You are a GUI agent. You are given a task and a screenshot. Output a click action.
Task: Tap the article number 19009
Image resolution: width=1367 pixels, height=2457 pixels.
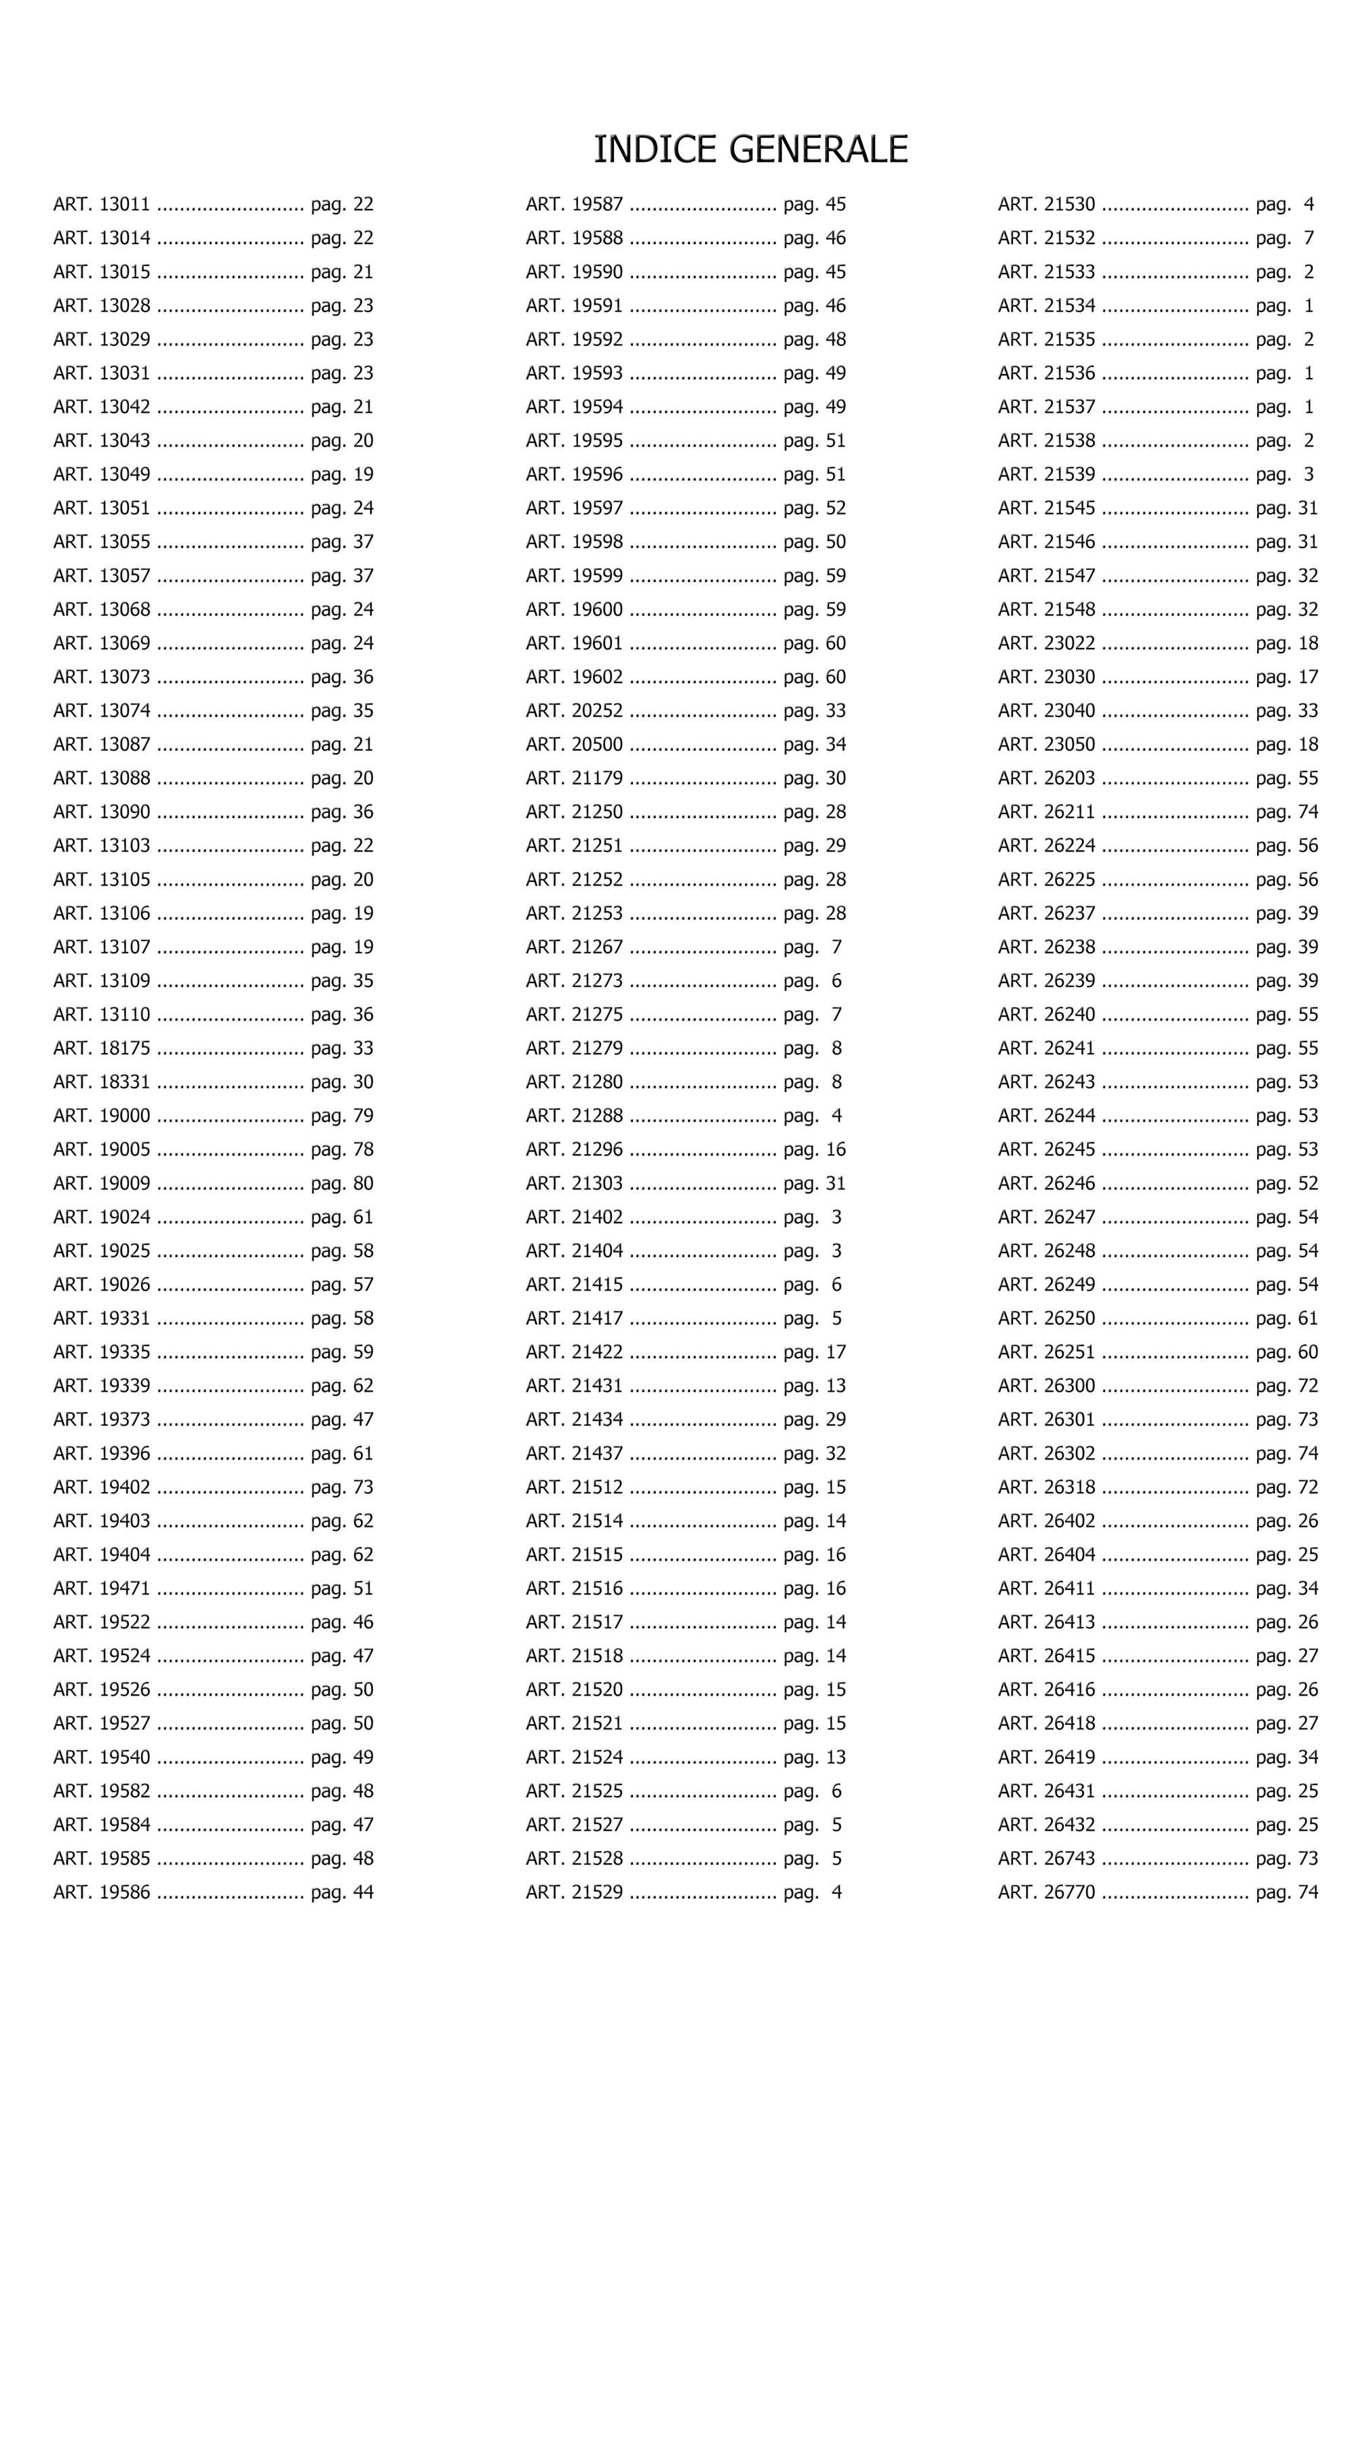click(x=125, y=1183)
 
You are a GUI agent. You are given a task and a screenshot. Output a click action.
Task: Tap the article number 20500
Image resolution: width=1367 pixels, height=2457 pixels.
click(x=597, y=744)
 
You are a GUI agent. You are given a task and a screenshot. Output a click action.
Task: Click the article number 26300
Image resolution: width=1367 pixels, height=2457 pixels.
click(x=1069, y=1385)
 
